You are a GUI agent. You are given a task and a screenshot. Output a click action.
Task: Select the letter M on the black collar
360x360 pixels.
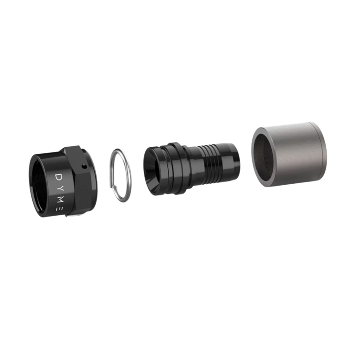(60, 200)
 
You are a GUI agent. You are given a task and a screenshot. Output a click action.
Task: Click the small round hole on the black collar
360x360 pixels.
(84, 166)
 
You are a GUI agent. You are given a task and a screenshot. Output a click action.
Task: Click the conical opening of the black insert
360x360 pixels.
(153, 171)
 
